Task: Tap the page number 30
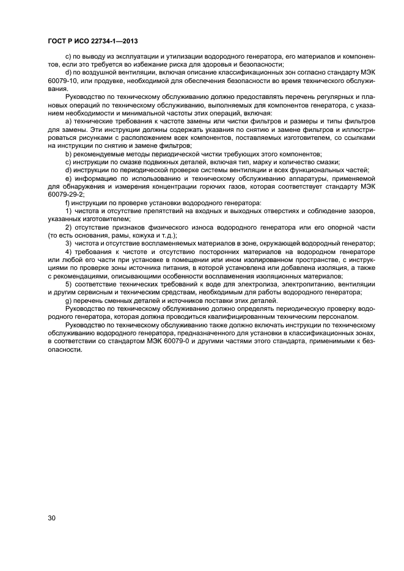click(51, 518)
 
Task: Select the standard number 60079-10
click(62, 81)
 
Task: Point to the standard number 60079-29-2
click(64, 194)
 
